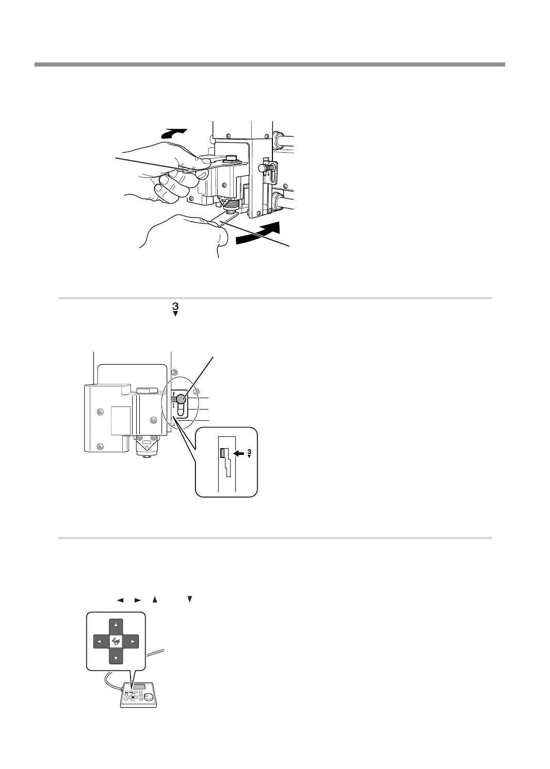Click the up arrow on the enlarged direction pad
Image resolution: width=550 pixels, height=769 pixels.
(x=116, y=624)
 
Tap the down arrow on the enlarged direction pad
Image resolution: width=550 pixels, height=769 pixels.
(x=116, y=658)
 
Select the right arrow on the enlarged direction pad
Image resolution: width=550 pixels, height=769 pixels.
(x=133, y=642)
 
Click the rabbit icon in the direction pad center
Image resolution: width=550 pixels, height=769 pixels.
(x=116, y=642)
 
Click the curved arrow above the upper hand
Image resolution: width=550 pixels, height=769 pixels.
(x=174, y=133)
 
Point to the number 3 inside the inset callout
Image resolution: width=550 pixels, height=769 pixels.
(x=249, y=452)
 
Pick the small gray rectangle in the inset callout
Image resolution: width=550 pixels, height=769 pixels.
(x=223, y=453)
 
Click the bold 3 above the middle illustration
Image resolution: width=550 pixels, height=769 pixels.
(x=175, y=306)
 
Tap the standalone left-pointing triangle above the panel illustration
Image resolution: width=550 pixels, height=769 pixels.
(x=120, y=600)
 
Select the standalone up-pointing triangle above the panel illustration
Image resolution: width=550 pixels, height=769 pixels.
(x=154, y=600)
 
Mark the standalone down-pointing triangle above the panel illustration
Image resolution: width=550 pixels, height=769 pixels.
(x=189, y=599)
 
